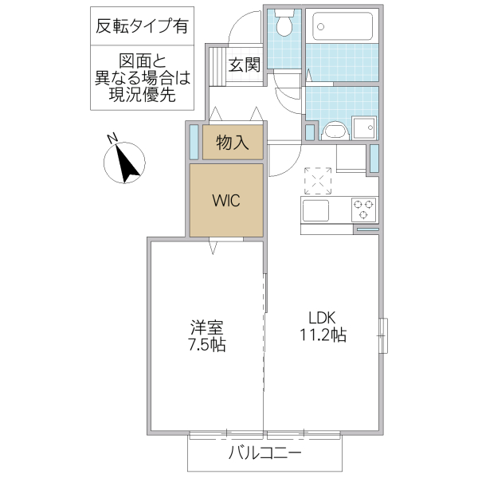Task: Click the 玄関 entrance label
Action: [243, 65]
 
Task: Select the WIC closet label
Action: [225, 199]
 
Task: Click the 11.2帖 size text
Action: [322, 335]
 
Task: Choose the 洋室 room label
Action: [206, 327]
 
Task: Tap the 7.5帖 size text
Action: [206, 346]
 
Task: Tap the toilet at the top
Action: [283, 26]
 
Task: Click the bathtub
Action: [342, 28]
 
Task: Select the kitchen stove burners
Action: [364, 209]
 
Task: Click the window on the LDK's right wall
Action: [383, 335]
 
